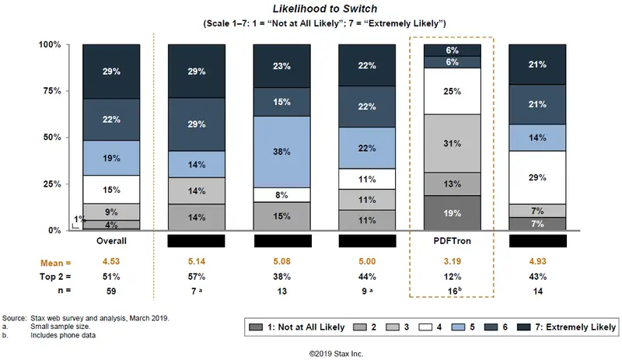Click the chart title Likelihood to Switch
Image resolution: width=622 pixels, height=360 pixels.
pyautogui.click(x=310, y=9)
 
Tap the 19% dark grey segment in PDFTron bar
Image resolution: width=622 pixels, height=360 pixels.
pyautogui.click(x=451, y=213)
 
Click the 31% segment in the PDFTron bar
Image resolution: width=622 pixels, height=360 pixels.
pyautogui.click(x=451, y=144)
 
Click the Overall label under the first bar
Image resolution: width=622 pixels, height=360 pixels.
pyautogui.click(x=111, y=241)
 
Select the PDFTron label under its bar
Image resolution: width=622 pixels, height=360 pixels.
pyautogui.click(x=451, y=241)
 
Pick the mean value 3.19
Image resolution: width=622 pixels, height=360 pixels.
pyautogui.click(x=451, y=262)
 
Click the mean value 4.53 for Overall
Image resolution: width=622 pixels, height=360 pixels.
pyautogui.click(x=111, y=262)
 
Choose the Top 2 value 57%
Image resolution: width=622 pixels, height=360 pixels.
pyautogui.click(x=196, y=276)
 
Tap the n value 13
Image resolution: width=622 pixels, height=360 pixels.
pyautogui.click(x=281, y=291)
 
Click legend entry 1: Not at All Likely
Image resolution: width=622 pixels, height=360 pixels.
pyautogui.click(x=311, y=327)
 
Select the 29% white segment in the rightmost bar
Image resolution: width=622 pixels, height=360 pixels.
pyautogui.click(x=536, y=177)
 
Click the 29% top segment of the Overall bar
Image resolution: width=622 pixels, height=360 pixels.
pyautogui.click(x=111, y=72)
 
